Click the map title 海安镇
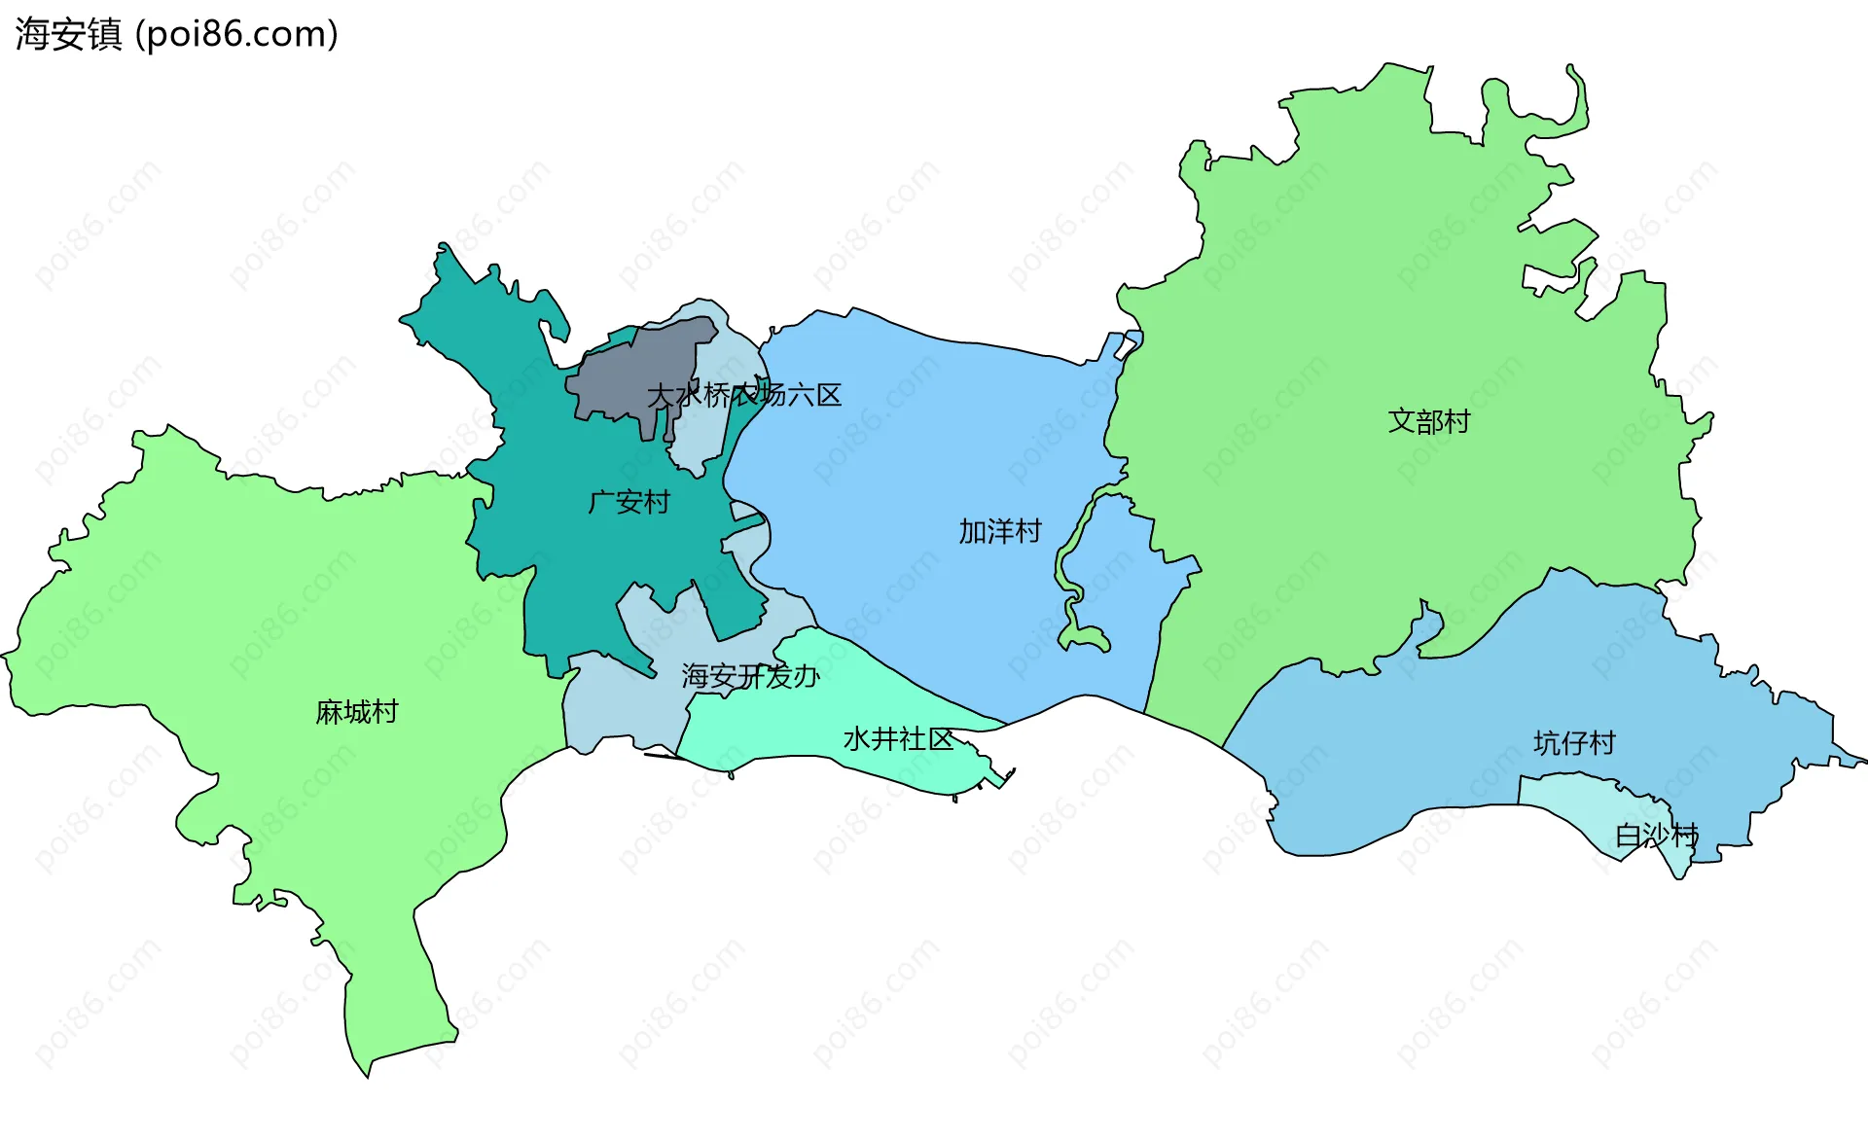(x=68, y=34)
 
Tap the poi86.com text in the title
(x=236, y=34)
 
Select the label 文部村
(x=1428, y=421)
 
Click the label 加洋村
(x=999, y=531)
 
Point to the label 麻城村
(x=357, y=712)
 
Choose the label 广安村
(x=629, y=502)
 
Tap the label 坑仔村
(x=1573, y=743)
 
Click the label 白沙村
(x=1656, y=835)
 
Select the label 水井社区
(x=898, y=739)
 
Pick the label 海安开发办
(x=750, y=676)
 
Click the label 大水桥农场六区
(x=744, y=395)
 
